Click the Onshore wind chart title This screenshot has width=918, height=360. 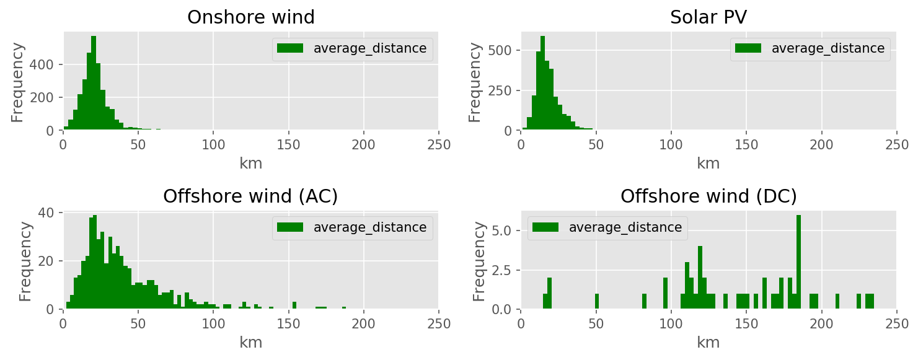pyautogui.click(x=250, y=17)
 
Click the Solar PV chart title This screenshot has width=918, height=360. pyautogui.click(x=708, y=17)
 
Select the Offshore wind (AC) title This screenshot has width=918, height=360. pyautogui.click(x=250, y=196)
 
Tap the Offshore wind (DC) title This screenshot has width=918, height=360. pyautogui.click(x=708, y=196)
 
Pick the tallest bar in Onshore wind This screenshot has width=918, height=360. pyautogui.click(x=94, y=83)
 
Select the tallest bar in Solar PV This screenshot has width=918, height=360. pyautogui.click(x=542, y=83)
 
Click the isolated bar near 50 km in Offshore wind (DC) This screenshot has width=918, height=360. pyautogui.click(x=596, y=302)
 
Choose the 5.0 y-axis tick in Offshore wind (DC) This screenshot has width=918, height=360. pyautogui.click(x=503, y=230)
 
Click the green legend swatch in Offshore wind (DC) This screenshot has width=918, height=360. pyautogui.click(x=545, y=227)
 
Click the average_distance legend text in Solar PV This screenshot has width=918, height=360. pyautogui.click(x=827, y=48)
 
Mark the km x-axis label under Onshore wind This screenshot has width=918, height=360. pyautogui.click(x=250, y=164)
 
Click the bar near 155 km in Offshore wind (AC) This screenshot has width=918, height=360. pyautogui.click(x=294, y=305)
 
